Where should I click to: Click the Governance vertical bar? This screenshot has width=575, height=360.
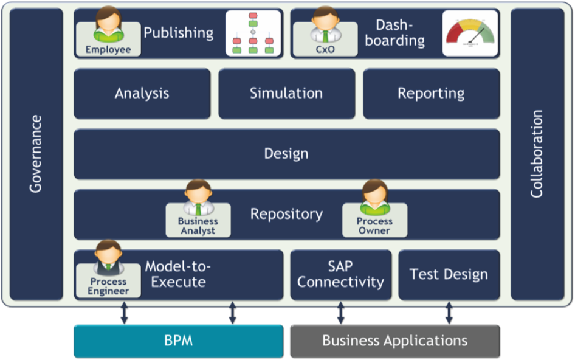click(36, 154)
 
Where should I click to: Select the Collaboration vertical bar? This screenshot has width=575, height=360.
click(537, 154)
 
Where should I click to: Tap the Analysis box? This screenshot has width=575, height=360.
click(142, 94)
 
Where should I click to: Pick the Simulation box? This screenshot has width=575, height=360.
click(287, 94)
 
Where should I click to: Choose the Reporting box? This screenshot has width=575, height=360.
click(432, 94)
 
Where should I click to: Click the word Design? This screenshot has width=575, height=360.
click(286, 154)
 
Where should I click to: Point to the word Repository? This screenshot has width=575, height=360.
click(286, 214)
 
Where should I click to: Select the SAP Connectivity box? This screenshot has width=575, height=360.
click(340, 274)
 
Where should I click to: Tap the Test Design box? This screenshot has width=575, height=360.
click(449, 274)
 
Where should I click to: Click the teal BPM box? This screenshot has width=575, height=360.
click(179, 341)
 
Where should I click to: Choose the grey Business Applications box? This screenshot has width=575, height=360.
click(395, 341)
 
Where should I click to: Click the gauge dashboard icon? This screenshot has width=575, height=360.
click(470, 33)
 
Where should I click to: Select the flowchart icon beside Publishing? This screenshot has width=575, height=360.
click(253, 33)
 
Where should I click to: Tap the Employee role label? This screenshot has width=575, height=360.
click(108, 49)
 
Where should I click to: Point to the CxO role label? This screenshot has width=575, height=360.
click(325, 49)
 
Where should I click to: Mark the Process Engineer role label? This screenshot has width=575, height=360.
click(108, 286)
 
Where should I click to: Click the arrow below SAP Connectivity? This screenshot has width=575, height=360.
click(340, 313)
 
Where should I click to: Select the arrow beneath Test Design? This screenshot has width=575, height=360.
click(449, 313)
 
